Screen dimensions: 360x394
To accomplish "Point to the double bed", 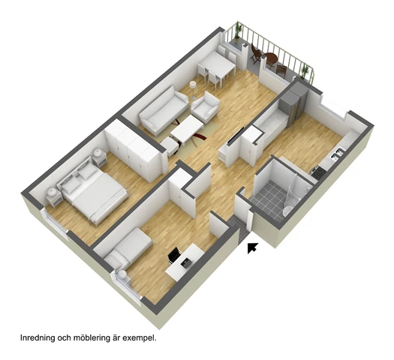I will coord(92,191).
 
